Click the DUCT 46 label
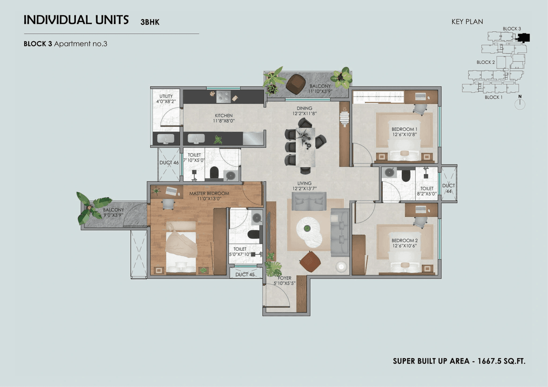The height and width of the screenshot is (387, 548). tap(169, 162)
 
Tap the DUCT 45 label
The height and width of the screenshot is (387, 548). tap(245, 274)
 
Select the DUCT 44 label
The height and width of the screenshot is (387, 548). tap(448, 189)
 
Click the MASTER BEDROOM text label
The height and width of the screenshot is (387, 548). tap(209, 193)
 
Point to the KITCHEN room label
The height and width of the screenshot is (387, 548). tap(223, 115)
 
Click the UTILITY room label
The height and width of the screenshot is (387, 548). tap(166, 96)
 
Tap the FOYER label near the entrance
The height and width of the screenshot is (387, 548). tap(284, 278)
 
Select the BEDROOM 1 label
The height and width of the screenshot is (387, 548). tap(405, 129)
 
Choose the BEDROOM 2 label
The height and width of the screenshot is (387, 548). tap(405, 240)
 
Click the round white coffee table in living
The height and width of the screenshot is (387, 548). tap(310, 231)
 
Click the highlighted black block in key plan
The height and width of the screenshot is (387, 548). tap(523, 38)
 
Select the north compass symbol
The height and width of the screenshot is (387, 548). tap(520, 104)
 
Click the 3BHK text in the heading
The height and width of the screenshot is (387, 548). tap(150, 22)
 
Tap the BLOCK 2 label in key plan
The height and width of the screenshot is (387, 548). tap(486, 62)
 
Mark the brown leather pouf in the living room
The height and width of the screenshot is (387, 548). tap(309, 261)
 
